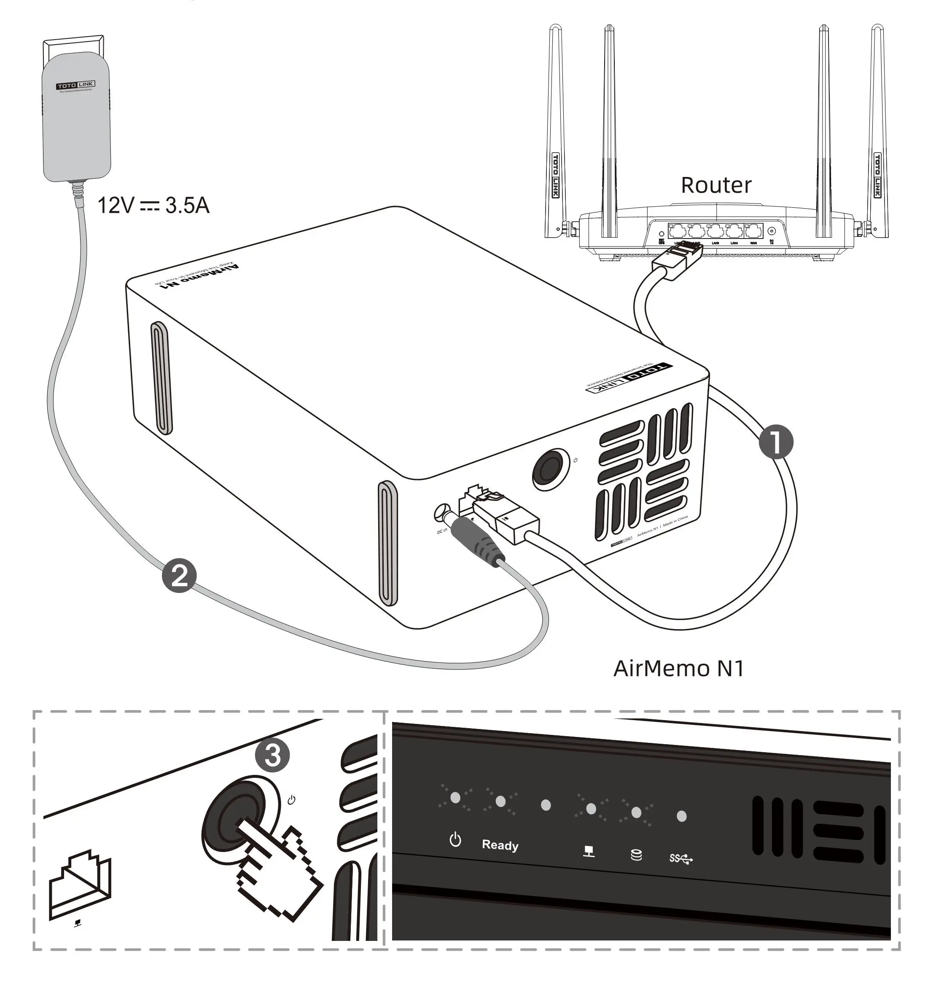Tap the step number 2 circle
[179, 576]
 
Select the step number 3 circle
[272, 755]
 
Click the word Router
[716, 185]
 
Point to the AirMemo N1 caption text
[678, 669]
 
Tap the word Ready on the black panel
[500, 845]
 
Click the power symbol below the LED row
[455, 840]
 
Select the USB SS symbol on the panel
[681, 859]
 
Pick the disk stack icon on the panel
[636, 856]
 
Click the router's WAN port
[753, 231]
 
